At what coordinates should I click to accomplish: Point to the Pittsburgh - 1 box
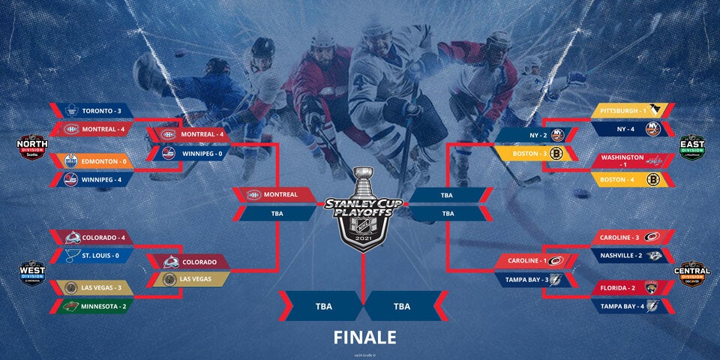pos(628,110)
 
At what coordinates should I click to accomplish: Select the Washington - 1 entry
pos(628,160)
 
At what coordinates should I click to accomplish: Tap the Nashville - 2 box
pos(628,255)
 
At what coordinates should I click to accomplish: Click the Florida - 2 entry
pos(628,287)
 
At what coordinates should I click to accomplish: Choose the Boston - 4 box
pos(628,179)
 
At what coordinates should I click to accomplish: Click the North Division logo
pos(31,145)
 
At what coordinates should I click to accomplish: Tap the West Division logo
pos(31,271)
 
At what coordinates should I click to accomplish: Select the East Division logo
pos(691,145)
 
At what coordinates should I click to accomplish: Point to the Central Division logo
pos(691,271)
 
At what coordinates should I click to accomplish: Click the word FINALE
pos(365,337)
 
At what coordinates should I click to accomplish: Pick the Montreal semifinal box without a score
pos(276,194)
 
